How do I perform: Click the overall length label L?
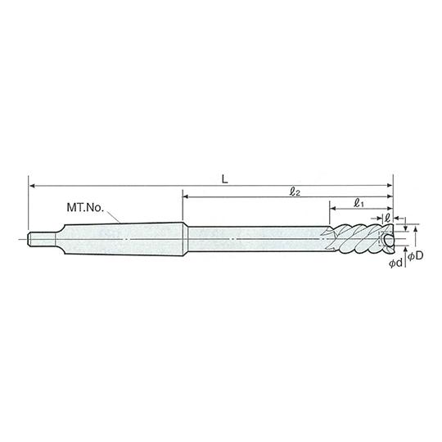click(x=224, y=179)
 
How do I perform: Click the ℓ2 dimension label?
click(x=295, y=192)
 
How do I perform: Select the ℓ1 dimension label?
click(x=359, y=203)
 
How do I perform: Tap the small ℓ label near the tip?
click(x=387, y=219)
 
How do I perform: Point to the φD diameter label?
click(x=416, y=255)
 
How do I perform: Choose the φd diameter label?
click(x=396, y=264)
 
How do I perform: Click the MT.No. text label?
click(x=85, y=208)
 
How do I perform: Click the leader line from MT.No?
click(x=113, y=217)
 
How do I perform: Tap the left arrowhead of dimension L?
click(x=32, y=186)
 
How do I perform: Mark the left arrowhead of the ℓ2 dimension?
click(x=186, y=196)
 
